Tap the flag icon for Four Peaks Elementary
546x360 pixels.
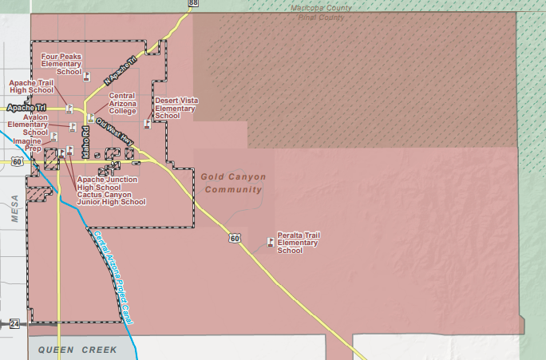click(x=86, y=77)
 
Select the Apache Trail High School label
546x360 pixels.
click(x=30, y=86)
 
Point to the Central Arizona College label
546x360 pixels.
click(x=122, y=103)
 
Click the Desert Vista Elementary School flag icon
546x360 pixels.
click(x=147, y=124)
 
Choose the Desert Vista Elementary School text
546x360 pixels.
click(x=176, y=108)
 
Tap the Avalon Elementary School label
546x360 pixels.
click(x=28, y=125)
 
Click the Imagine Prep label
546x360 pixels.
click(x=26, y=144)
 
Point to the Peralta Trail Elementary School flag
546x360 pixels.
click(x=268, y=242)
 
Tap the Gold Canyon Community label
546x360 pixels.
click(x=233, y=183)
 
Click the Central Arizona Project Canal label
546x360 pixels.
click(x=113, y=275)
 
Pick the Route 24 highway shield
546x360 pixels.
click(x=14, y=323)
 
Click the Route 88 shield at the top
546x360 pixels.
click(x=194, y=3)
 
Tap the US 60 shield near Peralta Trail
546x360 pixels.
click(x=235, y=238)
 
